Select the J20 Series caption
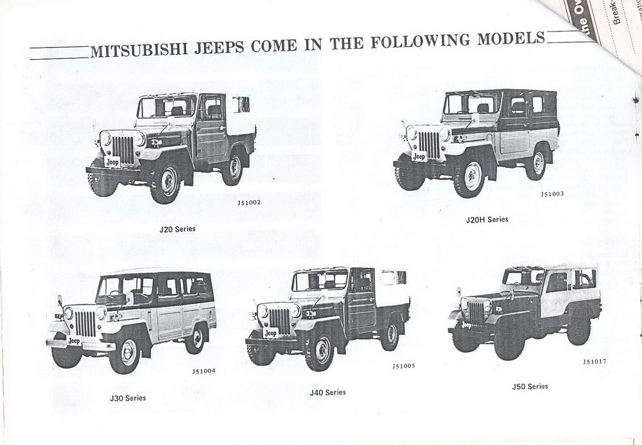[x=178, y=228]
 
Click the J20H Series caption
[x=487, y=219]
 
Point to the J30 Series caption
[x=128, y=398]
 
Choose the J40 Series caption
[x=327, y=392]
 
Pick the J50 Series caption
[x=530, y=386]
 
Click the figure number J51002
[x=249, y=203]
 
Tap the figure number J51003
[x=552, y=194]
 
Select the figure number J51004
[x=204, y=371]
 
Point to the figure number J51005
[x=403, y=366]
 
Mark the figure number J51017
[x=594, y=361]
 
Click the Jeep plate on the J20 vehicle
[x=112, y=162]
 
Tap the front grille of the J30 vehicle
[x=85, y=324]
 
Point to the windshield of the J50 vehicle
[x=523, y=277]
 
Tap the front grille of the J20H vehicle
[x=428, y=145]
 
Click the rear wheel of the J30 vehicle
[x=195, y=339]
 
